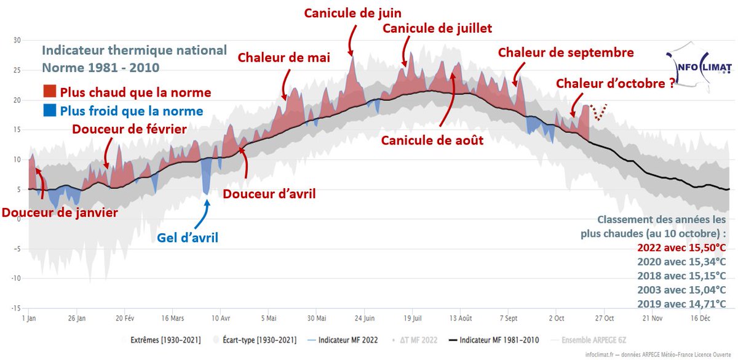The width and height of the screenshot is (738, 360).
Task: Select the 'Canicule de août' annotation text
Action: coord(432,140)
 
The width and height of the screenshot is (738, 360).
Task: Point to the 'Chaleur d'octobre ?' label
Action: coord(614,84)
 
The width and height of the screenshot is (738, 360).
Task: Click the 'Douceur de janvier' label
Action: coord(59,212)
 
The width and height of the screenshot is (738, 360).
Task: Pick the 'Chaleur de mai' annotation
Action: coord(284,58)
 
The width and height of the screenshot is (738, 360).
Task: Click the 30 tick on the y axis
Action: coord(17,41)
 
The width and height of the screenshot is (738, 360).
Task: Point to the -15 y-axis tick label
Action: coord(16,308)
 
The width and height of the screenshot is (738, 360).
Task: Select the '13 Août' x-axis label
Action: coord(461,318)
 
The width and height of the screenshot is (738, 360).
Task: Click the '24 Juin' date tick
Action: coord(365,318)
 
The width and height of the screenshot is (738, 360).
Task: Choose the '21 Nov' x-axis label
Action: coord(653,318)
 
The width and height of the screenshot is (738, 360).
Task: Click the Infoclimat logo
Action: coord(696,65)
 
